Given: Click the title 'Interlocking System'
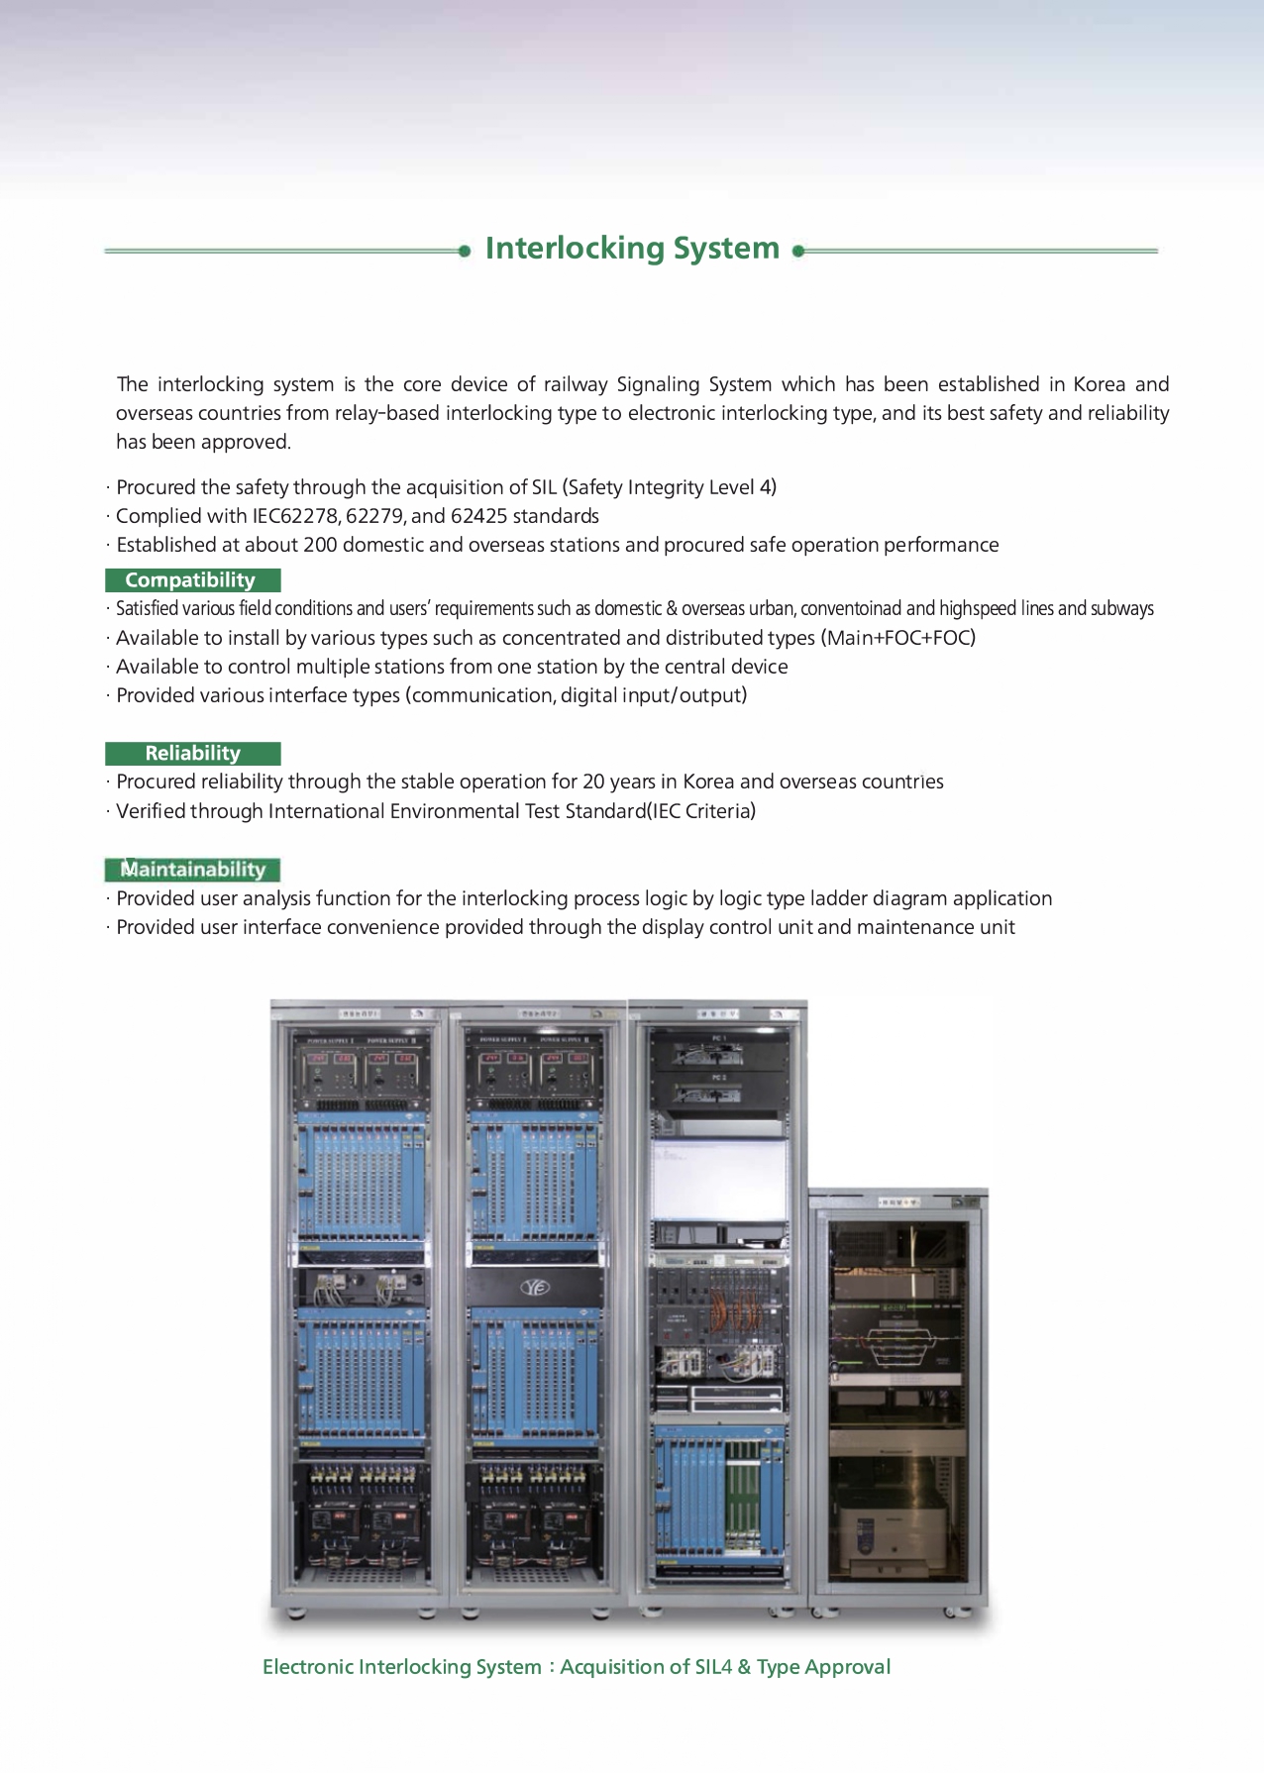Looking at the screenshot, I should tap(632, 249).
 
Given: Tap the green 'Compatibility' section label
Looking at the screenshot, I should tap(191, 580).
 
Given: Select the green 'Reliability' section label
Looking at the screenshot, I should tap(192, 754).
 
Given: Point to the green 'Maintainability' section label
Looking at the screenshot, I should tap(192, 870).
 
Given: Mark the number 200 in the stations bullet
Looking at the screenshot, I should tap(320, 545).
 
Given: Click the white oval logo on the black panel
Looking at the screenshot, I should tap(535, 1288).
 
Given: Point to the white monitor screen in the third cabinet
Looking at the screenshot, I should tap(718, 1179).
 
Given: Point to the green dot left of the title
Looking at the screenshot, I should tap(465, 252).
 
